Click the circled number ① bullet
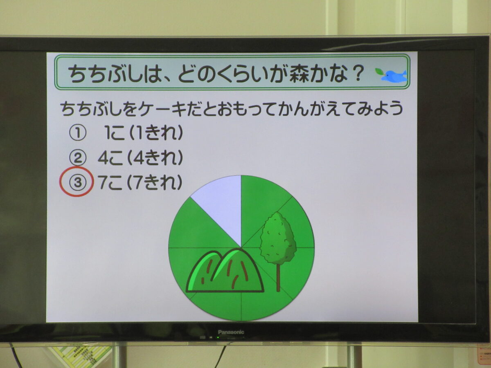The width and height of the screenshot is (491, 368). tap(77, 133)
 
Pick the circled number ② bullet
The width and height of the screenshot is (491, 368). tap(77, 158)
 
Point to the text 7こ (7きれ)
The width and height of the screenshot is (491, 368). tap(140, 182)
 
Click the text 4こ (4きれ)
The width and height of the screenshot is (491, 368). tap(140, 157)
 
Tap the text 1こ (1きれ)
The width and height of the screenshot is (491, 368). tap(144, 133)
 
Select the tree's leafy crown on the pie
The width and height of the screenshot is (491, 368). tap(278, 238)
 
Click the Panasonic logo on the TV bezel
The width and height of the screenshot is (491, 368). tap(231, 332)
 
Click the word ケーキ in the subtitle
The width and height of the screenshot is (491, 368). tap(162, 109)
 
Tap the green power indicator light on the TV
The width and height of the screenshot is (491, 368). tap(217, 337)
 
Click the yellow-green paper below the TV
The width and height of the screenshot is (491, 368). tap(81, 356)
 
